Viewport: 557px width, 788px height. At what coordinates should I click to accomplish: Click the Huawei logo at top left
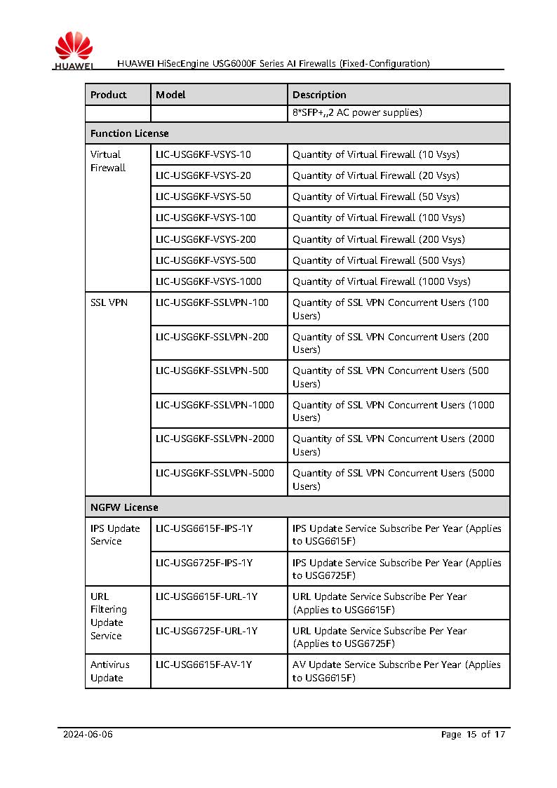pyautogui.click(x=73, y=52)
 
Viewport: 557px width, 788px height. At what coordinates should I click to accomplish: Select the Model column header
pyautogui.click(x=170, y=95)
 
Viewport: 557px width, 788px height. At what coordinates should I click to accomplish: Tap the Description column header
pyautogui.click(x=319, y=95)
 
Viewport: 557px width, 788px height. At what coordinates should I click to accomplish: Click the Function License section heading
pyautogui.click(x=129, y=133)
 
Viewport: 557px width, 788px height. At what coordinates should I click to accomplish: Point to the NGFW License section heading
pyautogui.click(x=124, y=507)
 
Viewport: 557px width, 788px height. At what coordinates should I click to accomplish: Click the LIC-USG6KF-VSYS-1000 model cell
pyautogui.click(x=208, y=281)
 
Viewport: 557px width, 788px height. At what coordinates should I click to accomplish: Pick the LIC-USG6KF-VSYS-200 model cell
pyautogui.click(x=206, y=239)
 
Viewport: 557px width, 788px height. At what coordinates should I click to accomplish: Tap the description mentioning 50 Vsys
pyautogui.click(x=376, y=196)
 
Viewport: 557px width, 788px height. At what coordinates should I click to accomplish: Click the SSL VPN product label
pyautogui.click(x=109, y=303)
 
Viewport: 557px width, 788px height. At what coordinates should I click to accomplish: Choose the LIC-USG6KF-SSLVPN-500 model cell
pyautogui.click(x=212, y=370)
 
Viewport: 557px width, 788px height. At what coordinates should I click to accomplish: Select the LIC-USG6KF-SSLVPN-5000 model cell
pyautogui.click(x=215, y=473)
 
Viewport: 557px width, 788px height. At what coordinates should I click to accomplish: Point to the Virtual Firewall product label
pyautogui.click(x=107, y=161)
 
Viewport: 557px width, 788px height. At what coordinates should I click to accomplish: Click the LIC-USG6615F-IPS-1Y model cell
pyautogui.click(x=204, y=528)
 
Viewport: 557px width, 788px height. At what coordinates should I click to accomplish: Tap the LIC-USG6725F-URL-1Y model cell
pyautogui.click(x=206, y=631)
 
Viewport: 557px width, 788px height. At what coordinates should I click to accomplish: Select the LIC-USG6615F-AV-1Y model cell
pyautogui.click(x=203, y=665)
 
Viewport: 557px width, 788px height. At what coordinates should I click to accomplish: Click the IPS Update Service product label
pyautogui.click(x=115, y=535)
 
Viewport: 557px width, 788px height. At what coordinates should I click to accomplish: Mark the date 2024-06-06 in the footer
pyautogui.click(x=88, y=735)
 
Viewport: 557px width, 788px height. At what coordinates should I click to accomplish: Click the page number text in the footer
pyautogui.click(x=473, y=735)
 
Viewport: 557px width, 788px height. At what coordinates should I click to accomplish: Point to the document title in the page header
pyautogui.click(x=274, y=63)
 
